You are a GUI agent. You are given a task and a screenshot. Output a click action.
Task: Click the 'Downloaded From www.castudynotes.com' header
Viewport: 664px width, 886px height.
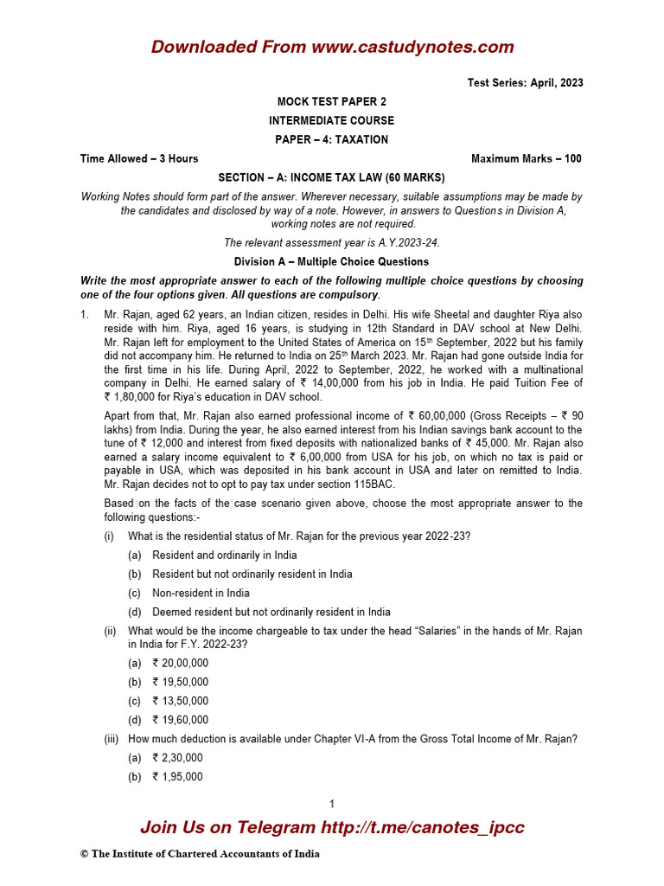pos(332,47)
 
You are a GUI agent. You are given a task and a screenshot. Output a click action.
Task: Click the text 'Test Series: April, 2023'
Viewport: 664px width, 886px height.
pos(525,83)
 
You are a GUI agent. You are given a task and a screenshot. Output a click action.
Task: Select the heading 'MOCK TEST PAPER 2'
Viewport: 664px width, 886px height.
pos(332,102)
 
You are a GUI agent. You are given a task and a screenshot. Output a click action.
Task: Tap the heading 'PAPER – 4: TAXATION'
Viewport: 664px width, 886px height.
pos(332,139)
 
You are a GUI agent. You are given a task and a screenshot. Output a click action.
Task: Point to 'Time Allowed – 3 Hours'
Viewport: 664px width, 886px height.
pos(139,158)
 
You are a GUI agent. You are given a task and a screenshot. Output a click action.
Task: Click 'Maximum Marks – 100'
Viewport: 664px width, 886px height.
pos(527,158)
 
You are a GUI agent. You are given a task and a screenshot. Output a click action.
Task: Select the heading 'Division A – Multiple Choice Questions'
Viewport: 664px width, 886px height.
pos(332,261)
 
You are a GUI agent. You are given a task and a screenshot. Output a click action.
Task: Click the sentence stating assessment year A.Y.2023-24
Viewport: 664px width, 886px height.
pos(332,242)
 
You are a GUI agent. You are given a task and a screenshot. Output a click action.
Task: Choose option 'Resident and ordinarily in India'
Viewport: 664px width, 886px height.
pos(224,555)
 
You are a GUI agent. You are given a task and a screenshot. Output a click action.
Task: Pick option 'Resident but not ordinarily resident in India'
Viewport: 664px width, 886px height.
pos(252,575)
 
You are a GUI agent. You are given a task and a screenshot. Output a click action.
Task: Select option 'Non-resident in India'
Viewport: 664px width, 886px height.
pos(201,594)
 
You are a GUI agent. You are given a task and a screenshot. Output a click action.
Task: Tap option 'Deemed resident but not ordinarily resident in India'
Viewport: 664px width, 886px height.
pos(271,613)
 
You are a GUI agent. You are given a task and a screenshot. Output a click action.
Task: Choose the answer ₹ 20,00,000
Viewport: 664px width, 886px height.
pos(180,664)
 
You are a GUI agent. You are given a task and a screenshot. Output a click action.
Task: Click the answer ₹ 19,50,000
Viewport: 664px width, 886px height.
pos(180,683)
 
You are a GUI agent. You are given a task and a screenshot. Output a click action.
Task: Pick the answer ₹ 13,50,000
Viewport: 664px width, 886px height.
pos(180,702)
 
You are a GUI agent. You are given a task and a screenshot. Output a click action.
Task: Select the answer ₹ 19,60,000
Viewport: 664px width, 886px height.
pos(180,721)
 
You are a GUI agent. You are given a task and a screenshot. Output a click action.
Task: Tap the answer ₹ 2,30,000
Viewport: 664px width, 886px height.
pos(177,758)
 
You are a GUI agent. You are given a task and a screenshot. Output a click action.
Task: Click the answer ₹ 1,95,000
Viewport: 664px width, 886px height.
pos(177,777)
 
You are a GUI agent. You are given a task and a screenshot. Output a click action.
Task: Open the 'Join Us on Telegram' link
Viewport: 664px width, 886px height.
pos(332,827)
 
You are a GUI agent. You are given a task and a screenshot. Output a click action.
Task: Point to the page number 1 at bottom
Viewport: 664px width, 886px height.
pos(332,804)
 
